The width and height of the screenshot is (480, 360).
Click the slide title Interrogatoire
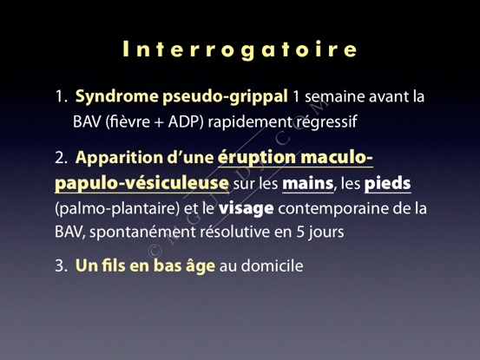pos(240,49)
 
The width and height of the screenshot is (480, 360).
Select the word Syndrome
pos(117,97)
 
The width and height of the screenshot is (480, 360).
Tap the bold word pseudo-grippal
pos(225,97)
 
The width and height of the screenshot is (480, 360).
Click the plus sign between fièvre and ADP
pos(159,122)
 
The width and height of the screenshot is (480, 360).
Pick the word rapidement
pos(250,121)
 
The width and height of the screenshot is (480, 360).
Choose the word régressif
pos(326,122)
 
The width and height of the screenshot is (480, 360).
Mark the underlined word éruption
pos(257,158)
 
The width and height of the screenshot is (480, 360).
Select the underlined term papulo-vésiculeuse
pos(141,184)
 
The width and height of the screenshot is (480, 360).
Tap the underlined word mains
pos(307,184)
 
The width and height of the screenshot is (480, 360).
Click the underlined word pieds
pos(387,184)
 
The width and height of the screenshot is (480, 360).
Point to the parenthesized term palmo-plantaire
pos(117,209)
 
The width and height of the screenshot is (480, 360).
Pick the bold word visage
pos(247,209)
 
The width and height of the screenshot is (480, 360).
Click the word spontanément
pos(143,232)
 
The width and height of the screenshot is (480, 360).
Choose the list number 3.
pos(59,265)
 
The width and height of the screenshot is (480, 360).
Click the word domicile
pos(273,265)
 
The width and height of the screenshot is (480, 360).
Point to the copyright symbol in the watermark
pos(155,252)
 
